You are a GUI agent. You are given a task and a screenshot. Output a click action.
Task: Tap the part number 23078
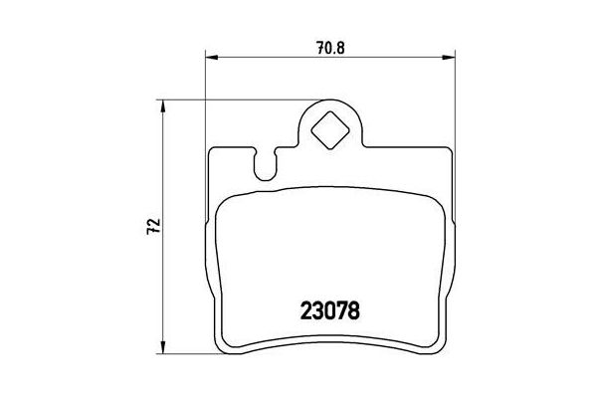pyautogui.click(x=329, y=308)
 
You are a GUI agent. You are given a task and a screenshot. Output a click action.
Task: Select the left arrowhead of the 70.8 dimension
pyautogui.click(x=209, y=58)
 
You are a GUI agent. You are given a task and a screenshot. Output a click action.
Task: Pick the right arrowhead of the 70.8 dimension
pyautogui.click(x=452, y=58)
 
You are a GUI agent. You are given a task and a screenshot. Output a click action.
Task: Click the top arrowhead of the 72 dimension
pyautogui.click(x=162, y=103)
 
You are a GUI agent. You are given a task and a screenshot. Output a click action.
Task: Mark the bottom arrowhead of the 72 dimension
pyautogui.click(x=162, y=352)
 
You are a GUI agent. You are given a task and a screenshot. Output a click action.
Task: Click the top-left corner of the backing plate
pyautogui.click(x=209, y=152)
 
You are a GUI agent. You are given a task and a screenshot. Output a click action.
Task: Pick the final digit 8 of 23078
pyautogui.click(x=351, y=308)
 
